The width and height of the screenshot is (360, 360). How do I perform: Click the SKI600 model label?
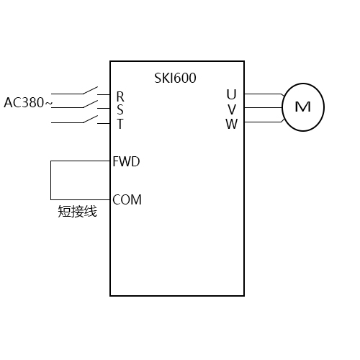[175, 78]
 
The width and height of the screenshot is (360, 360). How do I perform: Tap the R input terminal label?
[120, 96]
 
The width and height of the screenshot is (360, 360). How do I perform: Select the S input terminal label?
[120, 109]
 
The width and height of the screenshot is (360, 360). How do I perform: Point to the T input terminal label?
[120, 123]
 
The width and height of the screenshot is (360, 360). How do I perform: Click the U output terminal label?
[231, 94]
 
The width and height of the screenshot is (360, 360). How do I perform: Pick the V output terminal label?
[231, 109]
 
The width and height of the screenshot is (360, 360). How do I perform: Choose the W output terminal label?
[231, 123]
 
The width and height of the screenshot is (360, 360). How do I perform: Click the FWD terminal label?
[127, 161]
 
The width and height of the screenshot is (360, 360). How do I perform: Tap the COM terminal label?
[127, 199]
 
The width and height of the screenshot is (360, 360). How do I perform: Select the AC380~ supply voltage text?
[27, 103]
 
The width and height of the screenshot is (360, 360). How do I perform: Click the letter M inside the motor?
[303, 107]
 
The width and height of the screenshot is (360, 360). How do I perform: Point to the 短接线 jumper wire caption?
[77, 212]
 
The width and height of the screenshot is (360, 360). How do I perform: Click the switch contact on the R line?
[90, 91]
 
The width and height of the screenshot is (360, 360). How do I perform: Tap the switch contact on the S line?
[90, 104]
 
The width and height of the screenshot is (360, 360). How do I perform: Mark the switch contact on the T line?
[90, 119]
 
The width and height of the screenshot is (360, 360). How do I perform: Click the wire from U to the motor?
[263, 94]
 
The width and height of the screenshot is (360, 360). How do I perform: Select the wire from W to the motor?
[263, 122]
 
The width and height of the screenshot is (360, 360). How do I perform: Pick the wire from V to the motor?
[263, 108]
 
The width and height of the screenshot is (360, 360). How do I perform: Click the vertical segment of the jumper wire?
[50, 180]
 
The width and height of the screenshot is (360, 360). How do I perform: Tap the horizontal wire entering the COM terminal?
[80, 199]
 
